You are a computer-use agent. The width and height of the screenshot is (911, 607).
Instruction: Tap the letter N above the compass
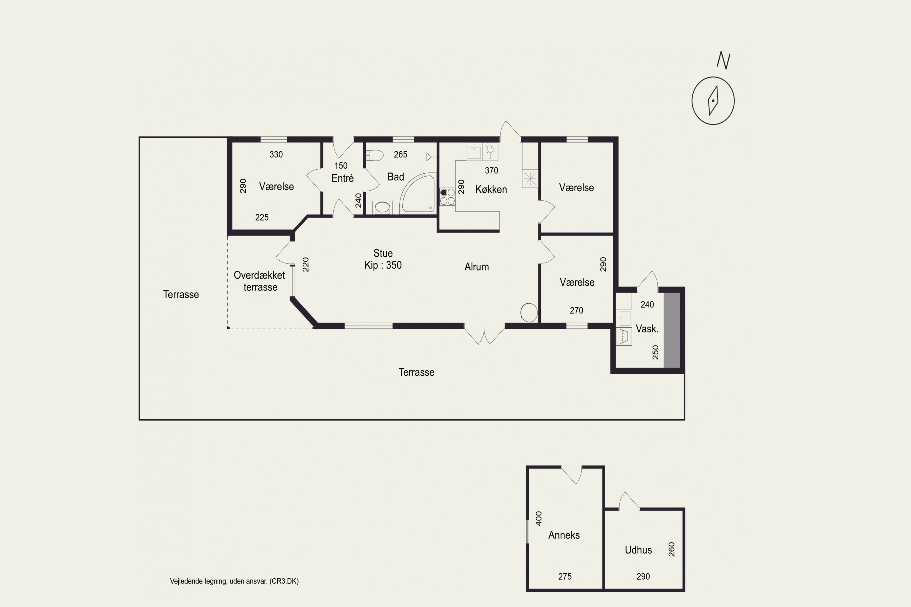[x=723, y=60]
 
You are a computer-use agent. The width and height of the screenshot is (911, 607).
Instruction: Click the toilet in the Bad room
[x=374, y=155]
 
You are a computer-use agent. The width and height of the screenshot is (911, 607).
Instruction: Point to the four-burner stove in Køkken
[x=447, y=197]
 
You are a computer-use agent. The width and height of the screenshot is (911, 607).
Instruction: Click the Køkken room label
[x=491, y=189]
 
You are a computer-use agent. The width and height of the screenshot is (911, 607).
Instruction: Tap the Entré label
[x=343, y=178]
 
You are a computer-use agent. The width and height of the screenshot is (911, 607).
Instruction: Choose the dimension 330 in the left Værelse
[x=276, y=154]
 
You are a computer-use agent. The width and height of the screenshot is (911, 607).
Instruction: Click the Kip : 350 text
[x=383, y=265]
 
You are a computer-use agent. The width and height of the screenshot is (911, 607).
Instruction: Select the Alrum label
[x=476, y=267]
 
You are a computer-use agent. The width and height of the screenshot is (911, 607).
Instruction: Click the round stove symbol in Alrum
[x=529, y=312]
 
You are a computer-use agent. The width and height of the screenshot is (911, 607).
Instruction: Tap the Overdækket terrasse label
[x=260, y=281]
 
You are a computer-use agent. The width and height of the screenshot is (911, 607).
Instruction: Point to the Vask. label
[x=647, y=329]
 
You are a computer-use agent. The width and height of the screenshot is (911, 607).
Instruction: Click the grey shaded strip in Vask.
[x=672, y=330]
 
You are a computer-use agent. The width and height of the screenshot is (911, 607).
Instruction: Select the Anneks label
[x=564, y=535]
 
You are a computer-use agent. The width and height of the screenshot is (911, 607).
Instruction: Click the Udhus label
[x=638, y=550]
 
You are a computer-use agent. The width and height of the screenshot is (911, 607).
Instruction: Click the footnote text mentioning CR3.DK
[x=234, y=581]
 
